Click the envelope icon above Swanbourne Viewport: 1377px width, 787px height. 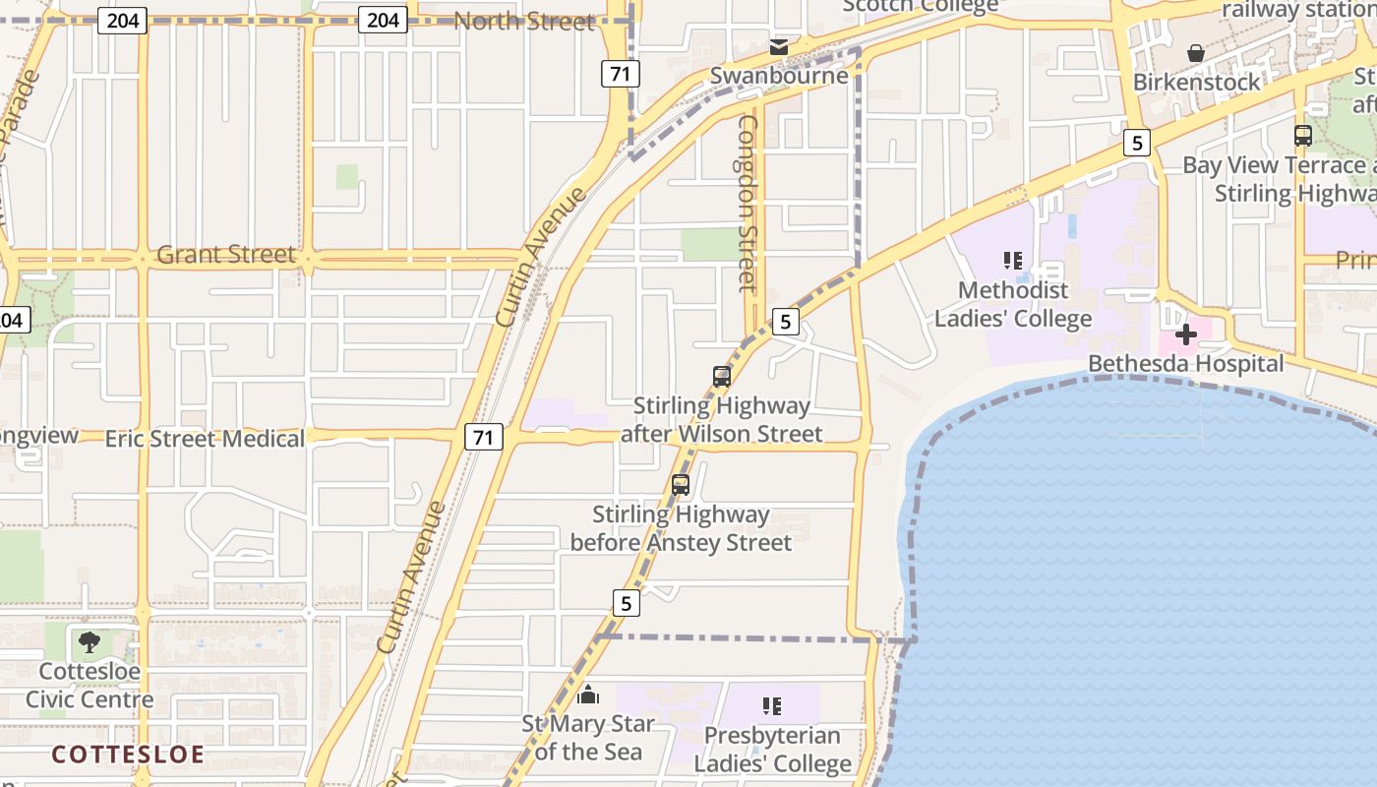[x=779, y=47]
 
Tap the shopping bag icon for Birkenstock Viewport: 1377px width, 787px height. [x=1196, y=53]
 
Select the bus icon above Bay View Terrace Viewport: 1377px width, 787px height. [x=1303, y=136]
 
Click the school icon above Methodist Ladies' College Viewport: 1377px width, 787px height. [x=1013, y=261]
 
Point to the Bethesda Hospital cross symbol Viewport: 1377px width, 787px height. [x=1186, y=333]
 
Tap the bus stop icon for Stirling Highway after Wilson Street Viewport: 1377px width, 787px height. [x=722, y=377]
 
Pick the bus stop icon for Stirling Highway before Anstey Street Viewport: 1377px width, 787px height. [x=681, y=485]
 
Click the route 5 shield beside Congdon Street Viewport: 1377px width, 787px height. [x=785, y=322]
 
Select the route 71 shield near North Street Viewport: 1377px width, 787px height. [x=622, y=74]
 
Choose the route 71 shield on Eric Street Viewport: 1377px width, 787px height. [x=483, y=437]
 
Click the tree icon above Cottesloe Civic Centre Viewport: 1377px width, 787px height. [x=90, y=643]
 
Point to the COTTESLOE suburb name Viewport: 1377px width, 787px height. [x=128, y=755]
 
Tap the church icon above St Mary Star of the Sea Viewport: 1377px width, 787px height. [x=588, y=696]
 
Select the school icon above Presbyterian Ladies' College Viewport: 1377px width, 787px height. [x=772, y=705]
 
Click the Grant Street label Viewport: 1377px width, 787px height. [x=226, y=255]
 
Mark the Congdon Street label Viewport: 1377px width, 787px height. [x=748, y=204]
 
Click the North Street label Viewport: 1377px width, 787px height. [x=524, y=21]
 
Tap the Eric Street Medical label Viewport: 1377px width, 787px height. [x=205, y=439]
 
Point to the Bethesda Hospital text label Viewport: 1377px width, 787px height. [x=1186, y=364]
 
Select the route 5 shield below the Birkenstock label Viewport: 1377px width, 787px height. [x=1137, y=144]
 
